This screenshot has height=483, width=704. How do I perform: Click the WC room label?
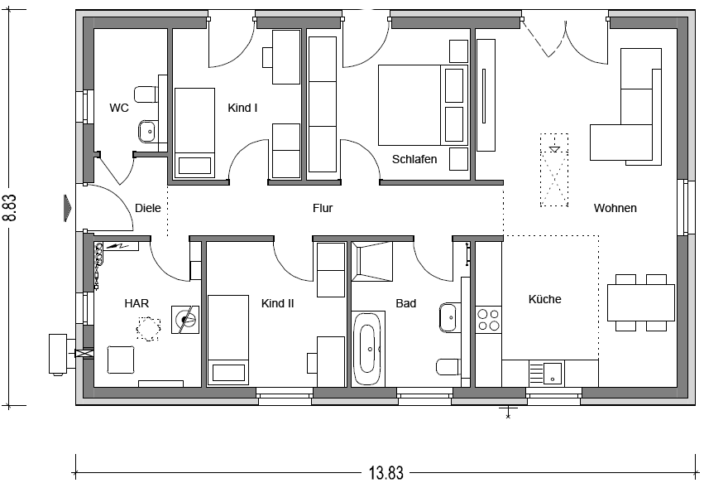[119, 108]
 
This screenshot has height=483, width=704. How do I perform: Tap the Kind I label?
[242, 108]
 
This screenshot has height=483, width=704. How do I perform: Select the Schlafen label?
[414, 159]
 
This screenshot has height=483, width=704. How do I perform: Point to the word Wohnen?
[615, 208]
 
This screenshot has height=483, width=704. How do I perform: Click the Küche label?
[544, 299]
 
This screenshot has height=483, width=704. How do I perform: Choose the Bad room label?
[406, 303]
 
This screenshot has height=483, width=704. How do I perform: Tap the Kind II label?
[277, 303]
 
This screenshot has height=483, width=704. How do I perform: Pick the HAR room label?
[136, 303]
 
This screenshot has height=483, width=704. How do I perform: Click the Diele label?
[148, 208]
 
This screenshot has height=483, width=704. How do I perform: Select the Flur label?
[323, 208]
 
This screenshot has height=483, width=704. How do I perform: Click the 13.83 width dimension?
[386, 473]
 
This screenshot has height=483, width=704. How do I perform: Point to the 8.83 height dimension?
[9, 208]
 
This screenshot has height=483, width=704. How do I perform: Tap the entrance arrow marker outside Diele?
[67, 208]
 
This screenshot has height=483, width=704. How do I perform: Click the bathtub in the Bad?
[367, 349]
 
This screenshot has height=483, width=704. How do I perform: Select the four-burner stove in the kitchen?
[488, 320]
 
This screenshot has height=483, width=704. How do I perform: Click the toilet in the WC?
[146, 94]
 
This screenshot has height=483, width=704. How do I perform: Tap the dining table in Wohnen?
[640, 302]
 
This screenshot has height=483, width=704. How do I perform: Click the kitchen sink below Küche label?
[546, 373]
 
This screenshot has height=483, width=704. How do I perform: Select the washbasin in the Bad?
[448, 317]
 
